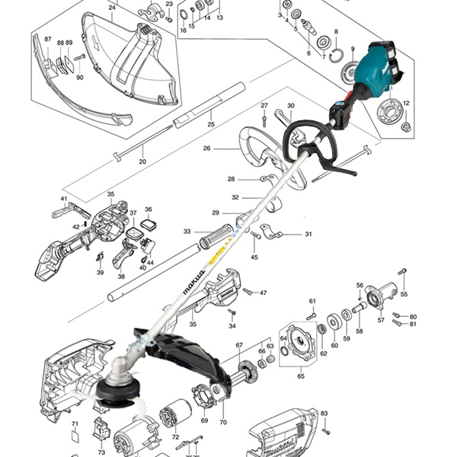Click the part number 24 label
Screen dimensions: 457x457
tap(112, 8)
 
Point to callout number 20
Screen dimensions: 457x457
tap(142, 161)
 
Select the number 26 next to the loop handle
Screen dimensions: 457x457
tap(206, 149)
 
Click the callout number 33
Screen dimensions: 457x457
tap(187, 232)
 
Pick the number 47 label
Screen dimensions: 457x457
tap(264, 292)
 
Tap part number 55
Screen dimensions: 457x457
tap(404, 294)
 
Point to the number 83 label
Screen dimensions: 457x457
tap(324, 414)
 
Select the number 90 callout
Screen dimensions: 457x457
tap(80, 77)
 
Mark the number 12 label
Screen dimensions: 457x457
tap(406, 103)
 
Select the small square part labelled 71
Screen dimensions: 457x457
tap(75, 437)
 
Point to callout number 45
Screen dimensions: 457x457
tap(254, 257)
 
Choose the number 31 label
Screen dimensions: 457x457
tap(308, 234)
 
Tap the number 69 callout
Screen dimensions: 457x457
tap(204, 420)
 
